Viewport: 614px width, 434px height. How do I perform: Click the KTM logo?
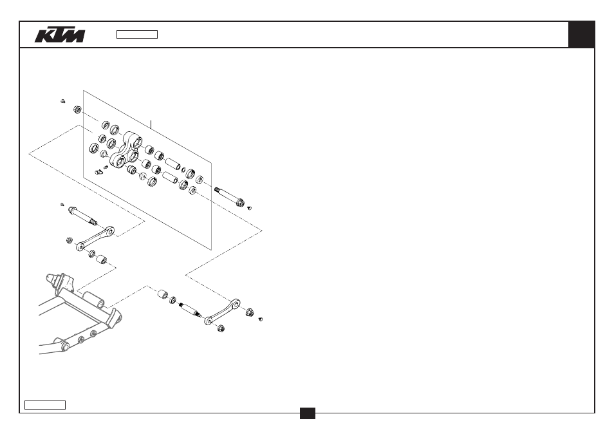point(59,35)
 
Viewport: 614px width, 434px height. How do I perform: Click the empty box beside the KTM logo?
point(137,35)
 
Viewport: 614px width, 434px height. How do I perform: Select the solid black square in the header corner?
point(582,35)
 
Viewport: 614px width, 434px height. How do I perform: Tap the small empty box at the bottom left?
point(45,405)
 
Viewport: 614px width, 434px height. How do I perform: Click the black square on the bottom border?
point(308,413)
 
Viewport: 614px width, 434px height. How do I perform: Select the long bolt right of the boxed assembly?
point(230,196)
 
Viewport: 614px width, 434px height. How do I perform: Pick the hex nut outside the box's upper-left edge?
point(77,109)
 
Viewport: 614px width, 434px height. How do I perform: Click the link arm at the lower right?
point(223,312)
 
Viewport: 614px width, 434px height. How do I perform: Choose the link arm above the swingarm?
point(95,238)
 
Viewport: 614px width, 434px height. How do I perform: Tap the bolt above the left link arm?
point(82,216)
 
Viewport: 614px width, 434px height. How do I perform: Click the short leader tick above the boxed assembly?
point(151,125)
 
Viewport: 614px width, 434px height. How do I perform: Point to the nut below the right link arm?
point(221,328)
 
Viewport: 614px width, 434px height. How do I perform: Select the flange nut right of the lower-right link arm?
point(250,312)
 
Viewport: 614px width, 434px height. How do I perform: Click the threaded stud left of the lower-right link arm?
point(191,310)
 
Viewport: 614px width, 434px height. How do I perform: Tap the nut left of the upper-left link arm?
point(70,240)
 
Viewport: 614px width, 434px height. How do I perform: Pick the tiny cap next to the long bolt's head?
point(250,208)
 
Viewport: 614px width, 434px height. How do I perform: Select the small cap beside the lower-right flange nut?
point(261,319)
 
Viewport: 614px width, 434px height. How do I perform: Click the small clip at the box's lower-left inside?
point(98,171)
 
